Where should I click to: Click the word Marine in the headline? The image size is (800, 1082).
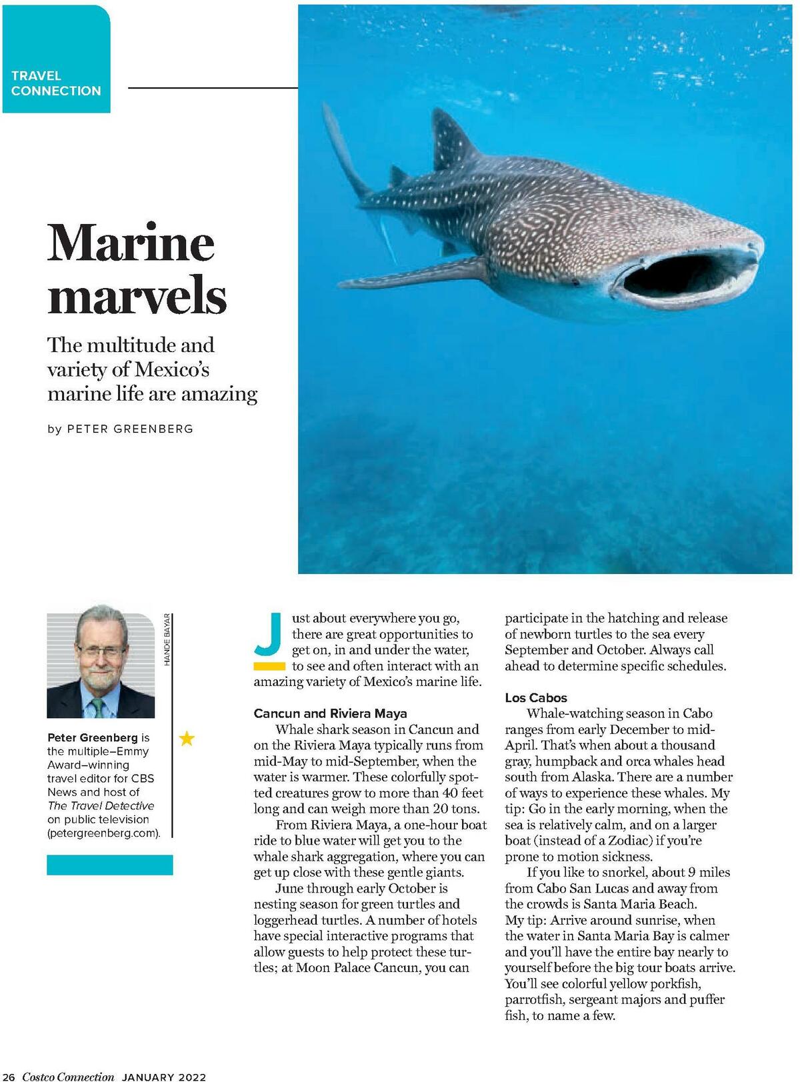tap(131, 243)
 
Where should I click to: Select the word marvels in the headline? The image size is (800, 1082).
tap(137, 297)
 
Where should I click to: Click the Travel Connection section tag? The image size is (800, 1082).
tap(56, 83)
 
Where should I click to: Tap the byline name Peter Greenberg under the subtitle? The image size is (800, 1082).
tap(130, 429)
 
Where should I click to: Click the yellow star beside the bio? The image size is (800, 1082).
tap(187, 738)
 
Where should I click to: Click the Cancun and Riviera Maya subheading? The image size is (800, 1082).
tap(330, 713)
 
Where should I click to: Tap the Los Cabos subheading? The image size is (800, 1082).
tap(536, 698)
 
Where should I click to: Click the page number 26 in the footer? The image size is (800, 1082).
tap(9, 1077)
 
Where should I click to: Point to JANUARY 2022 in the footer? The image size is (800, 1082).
tap(164, 1077)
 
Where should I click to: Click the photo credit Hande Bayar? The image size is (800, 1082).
tap(167, 639)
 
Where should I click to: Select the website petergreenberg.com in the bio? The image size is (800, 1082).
tap(103, 833)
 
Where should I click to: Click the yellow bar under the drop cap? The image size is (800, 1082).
tap(269, 666)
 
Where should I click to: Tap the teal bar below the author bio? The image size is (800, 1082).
tap(110, 865)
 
